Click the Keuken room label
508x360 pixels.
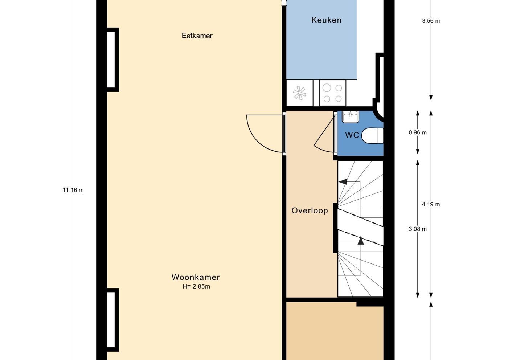326,20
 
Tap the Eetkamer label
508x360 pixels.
197,36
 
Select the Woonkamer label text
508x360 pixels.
196,277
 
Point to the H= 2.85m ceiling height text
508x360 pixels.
196,286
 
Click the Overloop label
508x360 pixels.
310,211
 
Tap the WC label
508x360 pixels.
352,135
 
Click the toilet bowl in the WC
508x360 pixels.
372,136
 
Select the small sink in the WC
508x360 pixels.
351,117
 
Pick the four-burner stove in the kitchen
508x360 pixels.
332,93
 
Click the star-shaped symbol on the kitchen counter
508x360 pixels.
299,93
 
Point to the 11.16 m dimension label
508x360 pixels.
73,190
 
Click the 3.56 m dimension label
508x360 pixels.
431,21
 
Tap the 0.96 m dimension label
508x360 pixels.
418,132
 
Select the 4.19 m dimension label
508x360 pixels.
431,204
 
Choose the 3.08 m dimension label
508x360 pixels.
418,229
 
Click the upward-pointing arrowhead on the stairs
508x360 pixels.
361,241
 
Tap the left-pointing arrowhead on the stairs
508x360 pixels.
343,181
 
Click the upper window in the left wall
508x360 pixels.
112,60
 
